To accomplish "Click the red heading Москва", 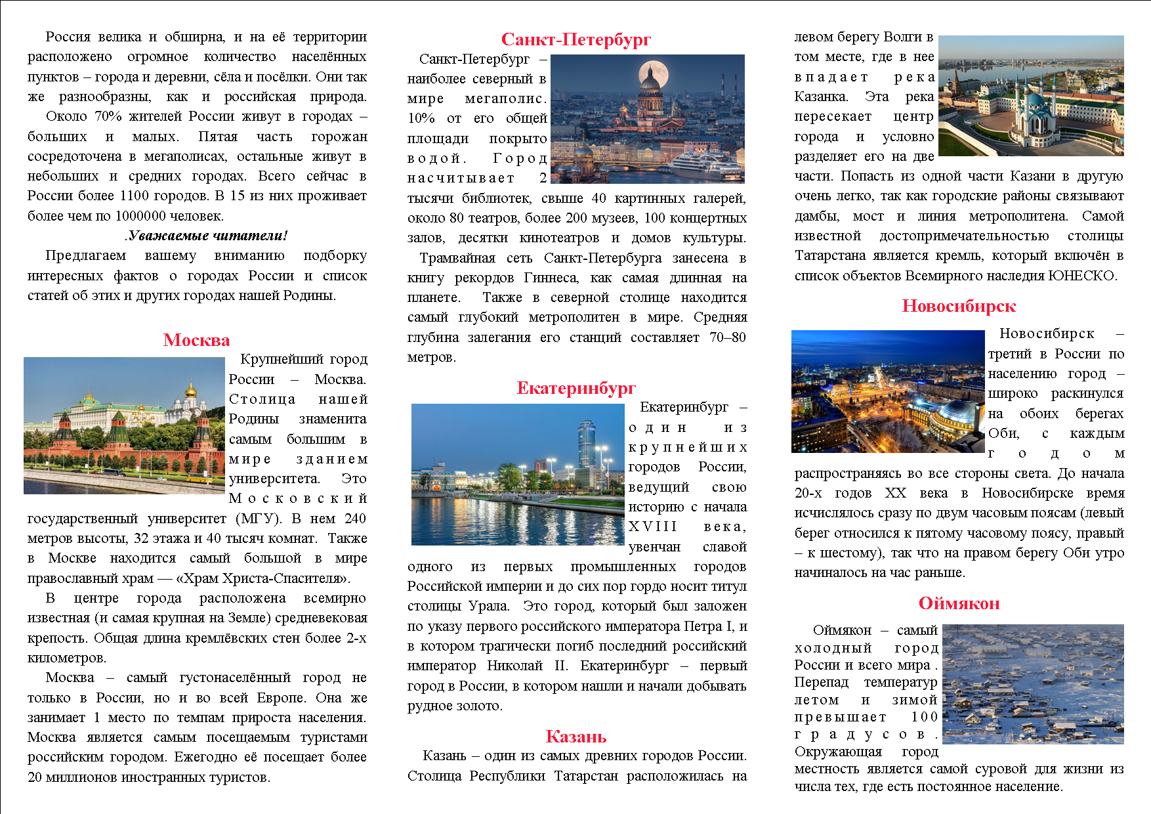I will tap(196, 340).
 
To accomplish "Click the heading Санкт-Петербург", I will tap(575, 40).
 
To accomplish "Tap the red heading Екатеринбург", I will tap(576, 388).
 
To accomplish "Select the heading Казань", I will tap(575, 737).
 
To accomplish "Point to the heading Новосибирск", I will tap(958, 306).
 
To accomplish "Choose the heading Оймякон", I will tap(959, 603).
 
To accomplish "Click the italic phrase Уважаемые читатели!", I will tap(207, 236).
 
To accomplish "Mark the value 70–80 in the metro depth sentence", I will tap(728, 337).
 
